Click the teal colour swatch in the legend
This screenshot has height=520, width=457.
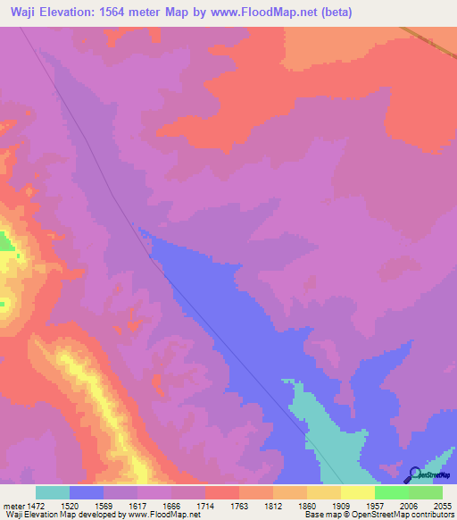pos(53,492)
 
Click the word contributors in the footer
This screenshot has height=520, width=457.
pos(432,515)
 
